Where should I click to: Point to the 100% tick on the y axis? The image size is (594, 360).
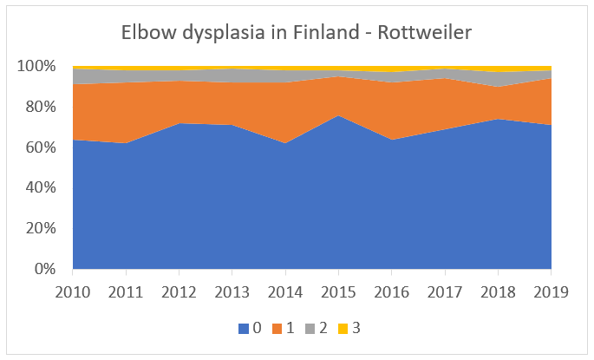pos(37,67)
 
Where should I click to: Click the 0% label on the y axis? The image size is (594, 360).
pos(43,270)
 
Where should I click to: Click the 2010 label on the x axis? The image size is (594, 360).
pos(73,291)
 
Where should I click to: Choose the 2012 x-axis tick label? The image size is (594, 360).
pos(180,291)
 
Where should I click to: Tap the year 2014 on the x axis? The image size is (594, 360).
pos(285,291)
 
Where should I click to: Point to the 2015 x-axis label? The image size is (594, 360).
pos(339,291)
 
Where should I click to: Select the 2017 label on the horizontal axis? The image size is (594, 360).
pos(445,291)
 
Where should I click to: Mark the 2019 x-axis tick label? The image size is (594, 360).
pos(551,291)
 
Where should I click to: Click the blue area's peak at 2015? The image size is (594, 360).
pos(339,116)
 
